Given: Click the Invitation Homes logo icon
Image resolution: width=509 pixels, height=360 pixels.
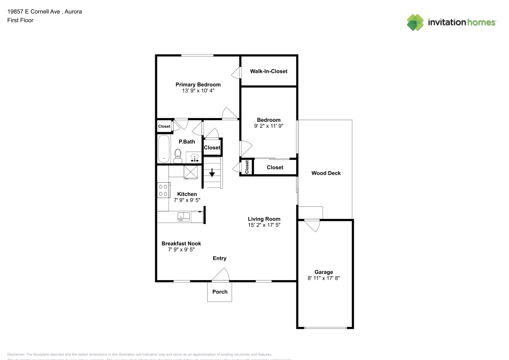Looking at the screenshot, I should pyautogui.click(x=415, y=22).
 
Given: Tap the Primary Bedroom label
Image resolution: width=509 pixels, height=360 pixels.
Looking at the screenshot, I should pyautogui.click(x=198, y=85).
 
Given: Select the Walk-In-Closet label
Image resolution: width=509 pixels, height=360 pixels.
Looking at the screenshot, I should pyautogui.click(x=268, y=71).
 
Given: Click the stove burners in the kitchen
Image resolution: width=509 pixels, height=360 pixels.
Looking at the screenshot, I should pyautogui.click(x=163, y=190).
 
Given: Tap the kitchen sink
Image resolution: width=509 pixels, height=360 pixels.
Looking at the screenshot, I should pyautogui.click(x=183, y=217).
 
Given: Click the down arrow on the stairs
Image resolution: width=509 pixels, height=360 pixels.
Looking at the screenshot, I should pyautogui.click(x=212, y=173).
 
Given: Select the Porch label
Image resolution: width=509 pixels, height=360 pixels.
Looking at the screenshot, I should pyautogui.click(x=220, y=292).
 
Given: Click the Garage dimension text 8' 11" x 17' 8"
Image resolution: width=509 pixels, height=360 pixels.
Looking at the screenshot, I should pyautogui.click(x=324, y=278).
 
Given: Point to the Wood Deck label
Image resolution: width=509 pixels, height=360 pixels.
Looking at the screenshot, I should pyautogui.click(x=326, y=173).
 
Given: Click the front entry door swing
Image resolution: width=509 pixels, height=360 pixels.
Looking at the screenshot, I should pyautogui.click(x=220, y=275).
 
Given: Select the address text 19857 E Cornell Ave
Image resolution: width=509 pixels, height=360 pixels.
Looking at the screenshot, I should pyautogui.click(x=39, y=11).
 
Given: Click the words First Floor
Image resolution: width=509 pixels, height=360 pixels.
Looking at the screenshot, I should pyautogui.click(x=20, y=20).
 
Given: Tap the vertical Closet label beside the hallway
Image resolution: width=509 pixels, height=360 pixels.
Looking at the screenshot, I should pyautogui.click(x=247, y=167).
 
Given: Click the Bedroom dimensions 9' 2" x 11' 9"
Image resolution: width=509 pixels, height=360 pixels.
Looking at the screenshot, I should pyautogui.click(x=268, y=126).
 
